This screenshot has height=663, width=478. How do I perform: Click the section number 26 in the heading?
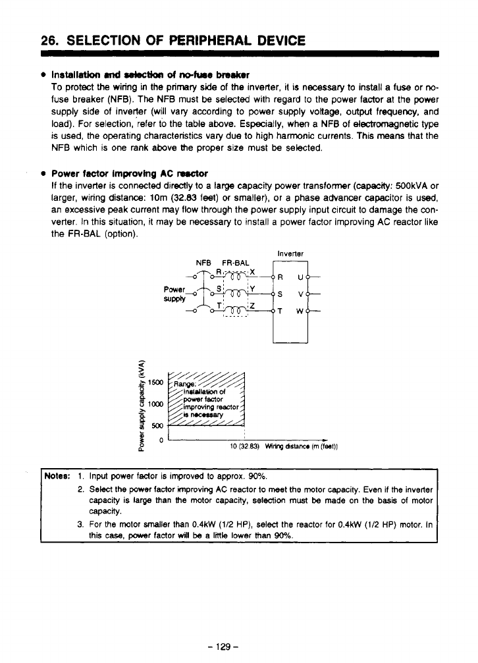[x=47, y=41]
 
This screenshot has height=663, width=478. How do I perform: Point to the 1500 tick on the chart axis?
[x=156, y=382]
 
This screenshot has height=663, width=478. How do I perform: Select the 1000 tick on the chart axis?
[x=156, y=404]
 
